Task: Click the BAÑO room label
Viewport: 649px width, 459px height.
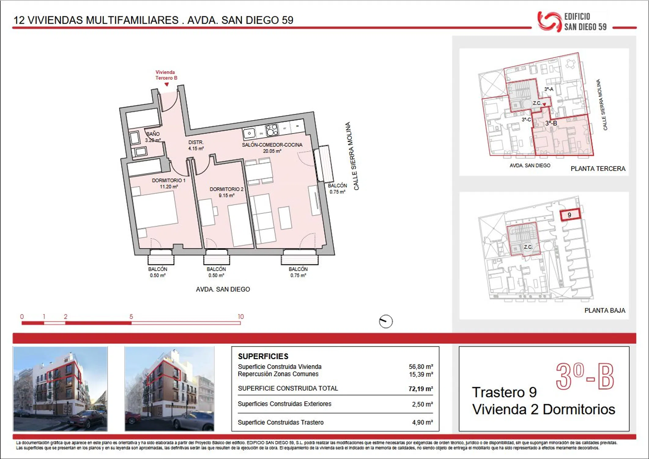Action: (x=153, y=134)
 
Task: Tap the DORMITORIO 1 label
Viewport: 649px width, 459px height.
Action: (x=169, y=180)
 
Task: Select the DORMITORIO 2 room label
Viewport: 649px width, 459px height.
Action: (x=226, y=189)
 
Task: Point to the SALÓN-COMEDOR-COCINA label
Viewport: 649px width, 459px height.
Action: (x=272, y=145)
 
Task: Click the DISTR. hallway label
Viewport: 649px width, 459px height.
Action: (x=196, y=142)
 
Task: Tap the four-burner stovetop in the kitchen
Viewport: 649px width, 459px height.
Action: (x=272, y=130)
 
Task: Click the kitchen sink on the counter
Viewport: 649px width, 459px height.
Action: (x=250, y=133)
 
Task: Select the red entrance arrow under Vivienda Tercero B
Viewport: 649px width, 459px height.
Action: (x=167, y=84)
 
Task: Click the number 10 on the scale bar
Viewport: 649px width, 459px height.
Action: (x=241, y=316)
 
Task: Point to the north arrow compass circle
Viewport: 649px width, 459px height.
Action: (x=386, y=322)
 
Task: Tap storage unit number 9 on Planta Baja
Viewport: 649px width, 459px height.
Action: (x=570, y=215)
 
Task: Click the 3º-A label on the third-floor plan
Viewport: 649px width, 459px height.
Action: (x=549, y=89)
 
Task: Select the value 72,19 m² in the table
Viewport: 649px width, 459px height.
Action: (x=421, y=389)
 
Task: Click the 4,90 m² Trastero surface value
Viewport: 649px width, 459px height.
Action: (x=422, y=422)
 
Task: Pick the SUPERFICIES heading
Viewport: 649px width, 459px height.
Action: (x=263, y=356)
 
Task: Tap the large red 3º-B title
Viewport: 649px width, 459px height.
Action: (x=585, y=376)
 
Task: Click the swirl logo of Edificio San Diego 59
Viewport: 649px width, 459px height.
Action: (x=550, y=21)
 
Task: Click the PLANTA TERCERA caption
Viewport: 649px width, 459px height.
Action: (x=598, y=169)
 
